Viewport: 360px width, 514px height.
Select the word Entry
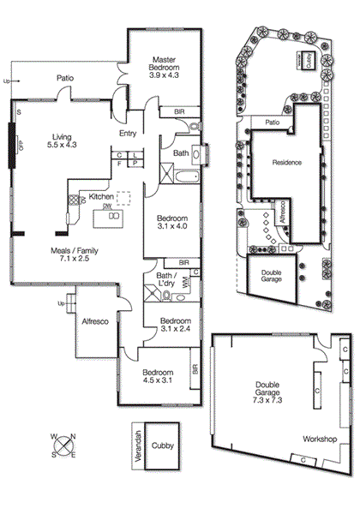coord(128,133)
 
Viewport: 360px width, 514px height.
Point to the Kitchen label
coord(101,197)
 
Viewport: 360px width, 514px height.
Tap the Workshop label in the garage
coord(319,439)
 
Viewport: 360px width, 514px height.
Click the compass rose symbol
coord(62,445)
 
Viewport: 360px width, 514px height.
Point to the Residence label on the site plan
coord(286,163)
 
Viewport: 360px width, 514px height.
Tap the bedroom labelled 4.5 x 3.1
coord(159,378)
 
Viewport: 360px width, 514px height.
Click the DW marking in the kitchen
coord(106,206)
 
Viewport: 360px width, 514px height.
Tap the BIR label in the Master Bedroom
coord(179,111)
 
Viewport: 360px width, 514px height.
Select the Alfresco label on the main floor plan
coord(93,321)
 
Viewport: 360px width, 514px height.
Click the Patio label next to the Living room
coord(65,78)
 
